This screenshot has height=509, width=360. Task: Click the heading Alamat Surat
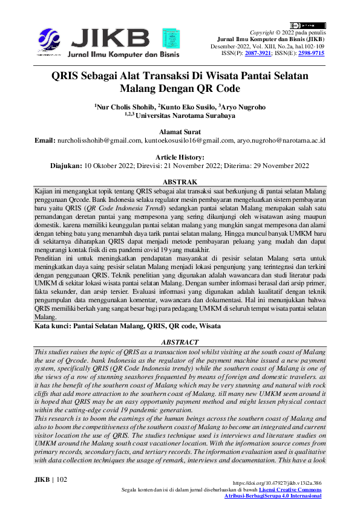[x=180, y=131]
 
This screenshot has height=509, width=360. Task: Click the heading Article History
[x=180, y=157]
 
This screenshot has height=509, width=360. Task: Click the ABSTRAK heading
[x=180, y=181]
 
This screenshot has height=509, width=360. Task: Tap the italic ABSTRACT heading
[x=180, y=342]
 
